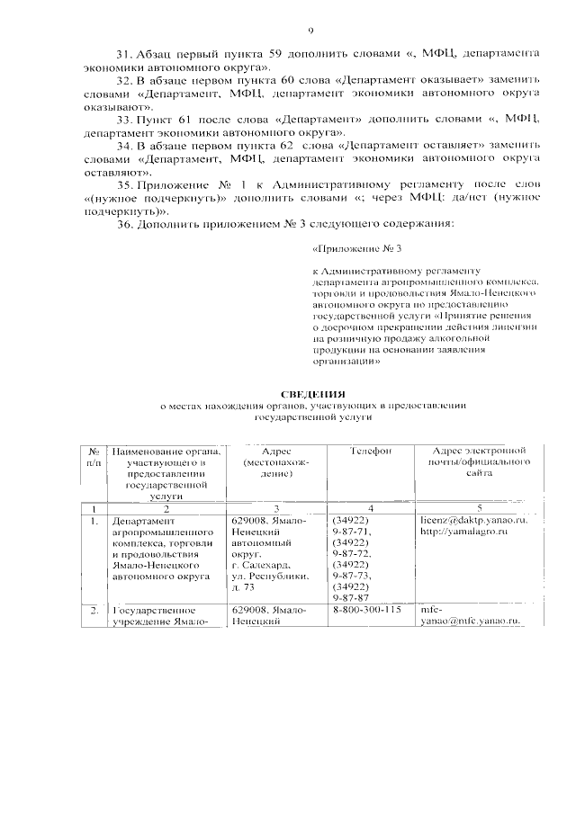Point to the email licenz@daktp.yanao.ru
[x=473, y=521]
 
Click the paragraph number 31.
[x=125, y=55]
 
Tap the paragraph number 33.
[x=125, y=119]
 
